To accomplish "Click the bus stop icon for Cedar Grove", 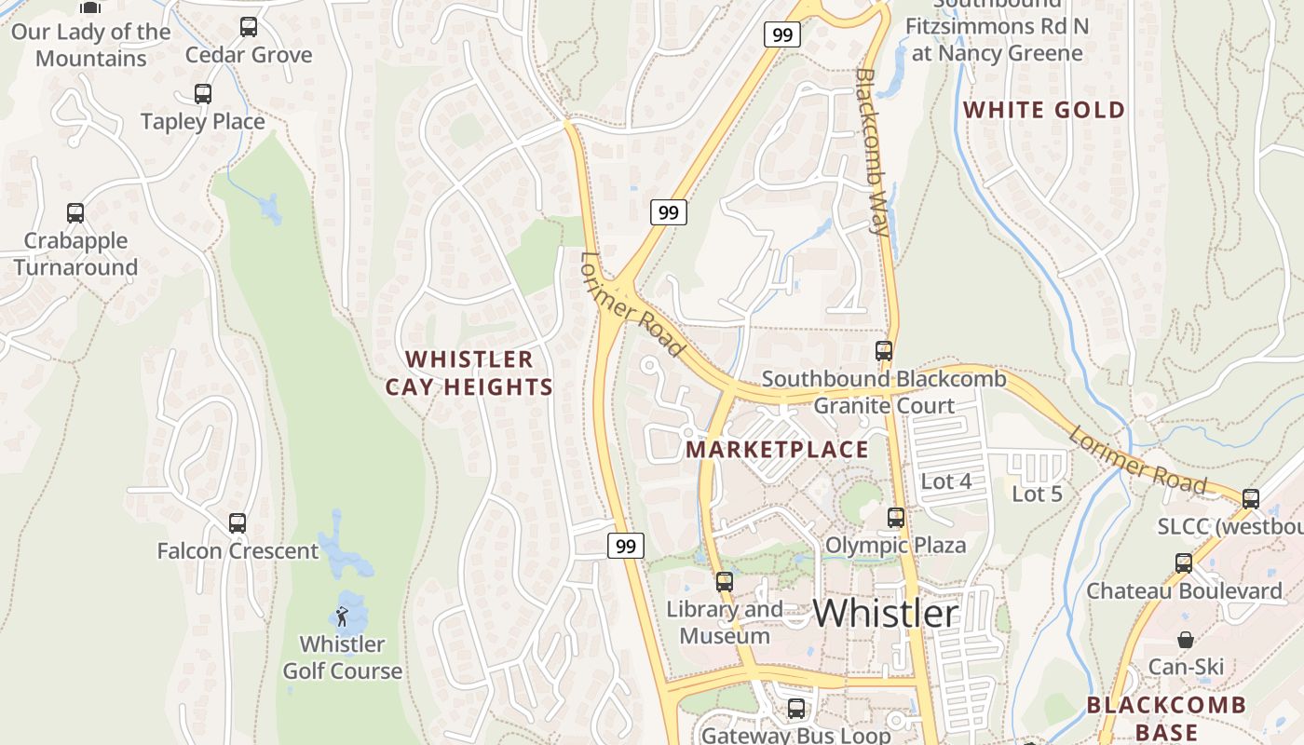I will click(249, 27).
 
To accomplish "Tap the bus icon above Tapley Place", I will click(203, 94).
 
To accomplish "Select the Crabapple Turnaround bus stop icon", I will click(75, 213).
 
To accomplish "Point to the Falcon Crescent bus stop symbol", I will click(238, 523).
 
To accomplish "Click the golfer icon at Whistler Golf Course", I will click(342, 616).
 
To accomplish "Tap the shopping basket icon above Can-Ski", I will click(1186, 640).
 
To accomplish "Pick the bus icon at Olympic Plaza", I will click(896, 518).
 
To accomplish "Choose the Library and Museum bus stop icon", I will click(725, 582).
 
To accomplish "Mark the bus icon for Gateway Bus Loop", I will click(796, 709).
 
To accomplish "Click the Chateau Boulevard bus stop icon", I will click(1184, 563).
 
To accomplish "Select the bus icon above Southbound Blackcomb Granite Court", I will click(884, 351).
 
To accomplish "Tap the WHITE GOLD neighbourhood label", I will click(1044, 110).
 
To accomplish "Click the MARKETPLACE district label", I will click(778, 450).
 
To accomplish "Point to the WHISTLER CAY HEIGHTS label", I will click(469, 372).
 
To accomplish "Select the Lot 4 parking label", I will click(946, 481).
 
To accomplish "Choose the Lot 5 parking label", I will click(1038, 494).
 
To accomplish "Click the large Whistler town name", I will click(886, 613).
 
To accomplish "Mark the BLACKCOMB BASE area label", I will click(1166, 717).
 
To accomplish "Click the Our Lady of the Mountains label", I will click(91, 45).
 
